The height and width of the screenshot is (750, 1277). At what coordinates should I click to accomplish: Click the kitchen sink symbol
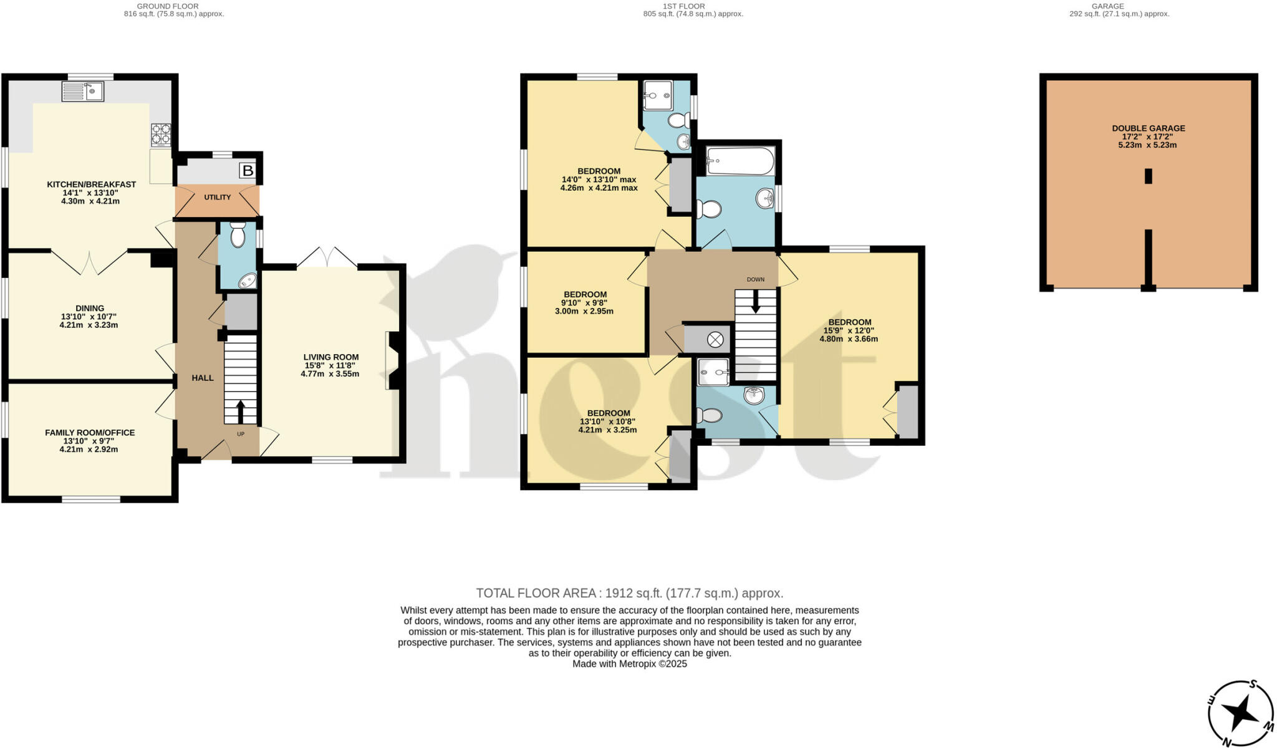tap(83, 92)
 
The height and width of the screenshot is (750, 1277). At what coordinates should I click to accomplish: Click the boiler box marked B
tap(248, 170)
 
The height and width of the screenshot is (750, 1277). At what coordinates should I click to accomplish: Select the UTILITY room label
tap(218, 197)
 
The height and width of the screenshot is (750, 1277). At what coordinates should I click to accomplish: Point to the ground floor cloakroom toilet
tap(238, 236)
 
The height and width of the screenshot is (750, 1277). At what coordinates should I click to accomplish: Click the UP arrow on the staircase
tap(240, 411)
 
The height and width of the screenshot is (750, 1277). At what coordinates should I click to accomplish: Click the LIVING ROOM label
tap(330, 357)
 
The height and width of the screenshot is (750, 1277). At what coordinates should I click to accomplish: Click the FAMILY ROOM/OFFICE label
tap(89, 433)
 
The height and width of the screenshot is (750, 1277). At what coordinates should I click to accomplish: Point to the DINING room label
tap(89, 308)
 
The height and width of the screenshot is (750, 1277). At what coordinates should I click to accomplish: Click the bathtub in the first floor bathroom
tap(740, 161)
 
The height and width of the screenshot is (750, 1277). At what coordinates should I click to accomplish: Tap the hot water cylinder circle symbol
tap(715, 340)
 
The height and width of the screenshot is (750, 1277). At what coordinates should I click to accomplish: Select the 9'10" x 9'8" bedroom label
tap(584, 294)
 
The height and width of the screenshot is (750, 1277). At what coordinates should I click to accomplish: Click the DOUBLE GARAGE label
tap(1148, 128)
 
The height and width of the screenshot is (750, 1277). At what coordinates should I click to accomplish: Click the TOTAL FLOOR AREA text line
tap(629, 593)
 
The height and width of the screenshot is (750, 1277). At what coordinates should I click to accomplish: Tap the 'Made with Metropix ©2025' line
tap(629, 664)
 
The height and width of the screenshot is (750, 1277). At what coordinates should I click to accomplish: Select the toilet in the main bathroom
tap(708, 209)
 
